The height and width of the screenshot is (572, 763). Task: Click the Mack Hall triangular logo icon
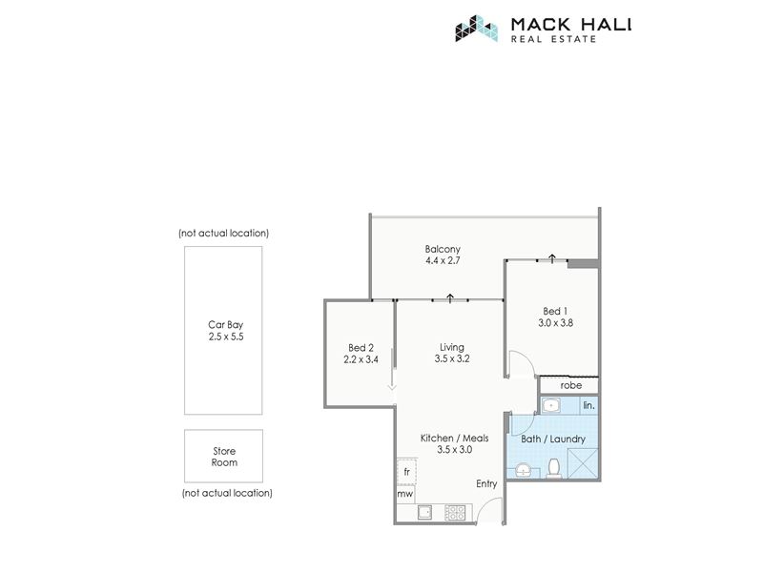click(x=476, y=29)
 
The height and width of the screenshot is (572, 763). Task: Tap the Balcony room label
click(x=443, y=249)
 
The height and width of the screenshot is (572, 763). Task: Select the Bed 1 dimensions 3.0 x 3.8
click(x=555, y=322)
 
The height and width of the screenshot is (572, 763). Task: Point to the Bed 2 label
click(x=361, y=348)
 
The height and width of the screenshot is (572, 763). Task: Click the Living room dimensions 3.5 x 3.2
click(x=452, y=359)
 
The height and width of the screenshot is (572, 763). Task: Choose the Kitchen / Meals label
click(x=455, y=439)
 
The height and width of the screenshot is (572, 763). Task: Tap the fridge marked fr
click(x=407, y=472)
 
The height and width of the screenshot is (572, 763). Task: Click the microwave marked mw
click(x=404, y=494)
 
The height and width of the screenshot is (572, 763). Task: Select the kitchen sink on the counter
click(x=424, y=512)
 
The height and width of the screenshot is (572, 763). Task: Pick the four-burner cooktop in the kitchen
click(x=456, y=512)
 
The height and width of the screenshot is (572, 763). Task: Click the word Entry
click(x=486, y=483)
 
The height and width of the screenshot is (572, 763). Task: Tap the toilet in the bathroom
click(x=554, y=468)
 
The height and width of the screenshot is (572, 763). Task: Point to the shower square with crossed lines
click(x=582, y=463)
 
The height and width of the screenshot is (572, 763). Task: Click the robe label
click(x=570, y=385)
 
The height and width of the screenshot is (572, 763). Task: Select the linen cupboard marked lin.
click(x=588, y=405)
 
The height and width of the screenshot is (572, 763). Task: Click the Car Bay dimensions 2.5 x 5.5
click(x=226, y=337)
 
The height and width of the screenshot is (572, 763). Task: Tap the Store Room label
click(x=224, y=457)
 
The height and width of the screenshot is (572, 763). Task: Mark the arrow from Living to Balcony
click(x=450, y=298)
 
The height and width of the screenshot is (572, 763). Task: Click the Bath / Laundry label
click(x=553, y=439)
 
